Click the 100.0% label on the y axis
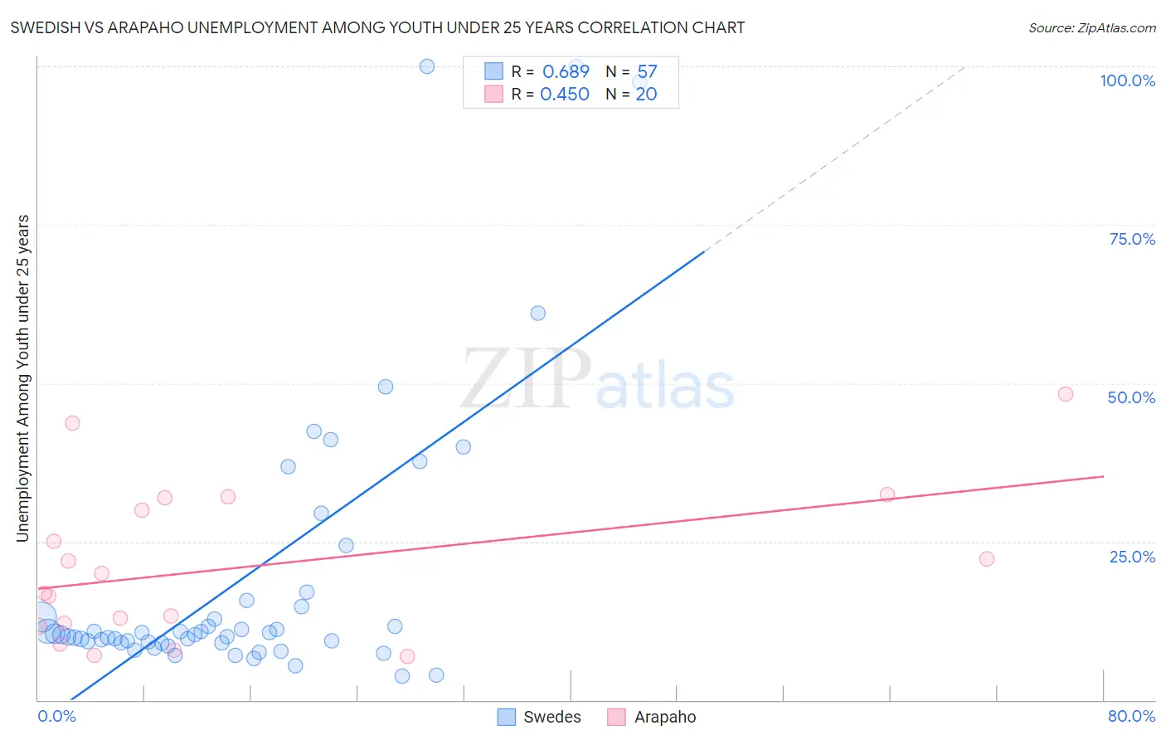tap(1127, 80)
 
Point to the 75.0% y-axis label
tap(1132, 239)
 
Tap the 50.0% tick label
tap(1131, 397)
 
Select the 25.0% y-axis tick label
tap(1132, 556)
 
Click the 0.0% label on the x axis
tap(56, 716)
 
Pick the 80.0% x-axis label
tap(1131, 716)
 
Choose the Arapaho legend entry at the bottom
tap(652, 717)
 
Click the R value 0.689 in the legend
tap(566, 71)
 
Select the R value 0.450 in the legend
tap(565, 94)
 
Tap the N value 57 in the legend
tap(647, 71)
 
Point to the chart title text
tap(377, 27)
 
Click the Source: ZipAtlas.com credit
tap(1091, 27)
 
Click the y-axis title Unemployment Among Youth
tap(22, 378)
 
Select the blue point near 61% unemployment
tap(537, 313)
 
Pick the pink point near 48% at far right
tap(1066, 394)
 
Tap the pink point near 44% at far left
tap(72, 422)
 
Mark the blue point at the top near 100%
tap(427, 66)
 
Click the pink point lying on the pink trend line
tap(887, 494)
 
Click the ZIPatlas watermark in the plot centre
tap(597, 380)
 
